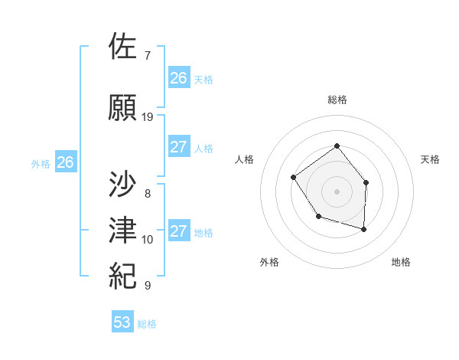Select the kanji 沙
coord(123,184)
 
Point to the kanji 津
coord(123,230)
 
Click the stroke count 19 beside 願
coord(148,116)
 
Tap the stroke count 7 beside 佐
coord(147,56)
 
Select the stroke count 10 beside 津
coord(148,240)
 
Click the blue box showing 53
coord(122,322)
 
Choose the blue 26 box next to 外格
coord(66,162)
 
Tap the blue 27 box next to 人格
coord(178,147)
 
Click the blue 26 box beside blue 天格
coord(178,78)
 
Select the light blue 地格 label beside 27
coord(203,233)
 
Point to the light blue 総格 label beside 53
coord(147,324)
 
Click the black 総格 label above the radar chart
coord(337,100)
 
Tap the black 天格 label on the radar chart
coord(431,159)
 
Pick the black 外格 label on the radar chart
coord(269,262)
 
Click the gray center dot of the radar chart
coord(337,190)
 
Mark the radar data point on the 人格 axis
coord(295,177)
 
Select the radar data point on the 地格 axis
coord(363,229)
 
